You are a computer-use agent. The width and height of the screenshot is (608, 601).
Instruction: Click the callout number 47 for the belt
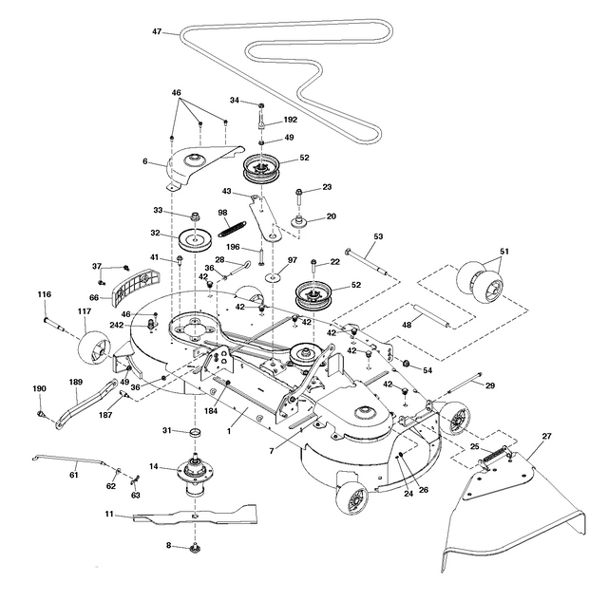click(x=158, y=32)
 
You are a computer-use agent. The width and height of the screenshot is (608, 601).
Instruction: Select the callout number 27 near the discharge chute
click(x=546, y=437)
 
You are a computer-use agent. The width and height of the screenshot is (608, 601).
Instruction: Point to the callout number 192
click(x=290, y=121)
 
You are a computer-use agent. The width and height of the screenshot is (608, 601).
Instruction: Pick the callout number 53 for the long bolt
click(x=377, y=236)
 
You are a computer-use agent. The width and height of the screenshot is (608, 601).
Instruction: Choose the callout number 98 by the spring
click(x=223, y=213)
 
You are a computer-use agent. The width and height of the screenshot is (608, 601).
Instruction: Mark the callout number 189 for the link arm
click(x=75, y=382)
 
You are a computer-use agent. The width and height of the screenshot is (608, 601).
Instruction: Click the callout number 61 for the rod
click(x=73, y=462)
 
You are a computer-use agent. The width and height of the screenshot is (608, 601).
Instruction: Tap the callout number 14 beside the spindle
click(x=152, y=466)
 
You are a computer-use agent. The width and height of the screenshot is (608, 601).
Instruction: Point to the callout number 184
click(x=210, y=410)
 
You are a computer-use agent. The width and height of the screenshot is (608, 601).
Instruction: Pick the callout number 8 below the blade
click(x=169, y=545)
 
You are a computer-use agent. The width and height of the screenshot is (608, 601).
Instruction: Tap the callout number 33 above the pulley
click(x=159, y=210)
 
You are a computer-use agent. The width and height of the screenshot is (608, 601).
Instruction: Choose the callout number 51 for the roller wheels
click(x=503, y=251)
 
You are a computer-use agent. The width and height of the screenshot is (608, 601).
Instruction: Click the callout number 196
click(x=232, y=249)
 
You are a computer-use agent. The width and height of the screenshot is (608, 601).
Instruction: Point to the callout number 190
click(x=39, y=388)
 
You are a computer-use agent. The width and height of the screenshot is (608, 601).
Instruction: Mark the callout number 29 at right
click(x=490, y=385)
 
